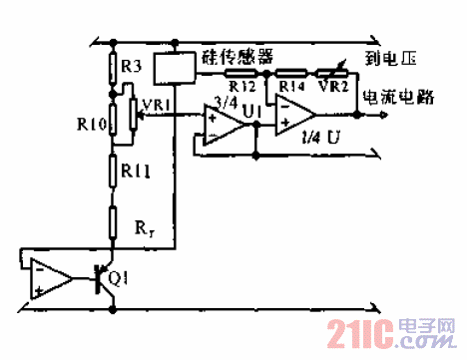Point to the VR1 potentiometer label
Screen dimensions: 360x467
(157, 103)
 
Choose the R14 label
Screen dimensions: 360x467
(291, 86)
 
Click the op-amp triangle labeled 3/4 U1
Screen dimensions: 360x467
(219, 124)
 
